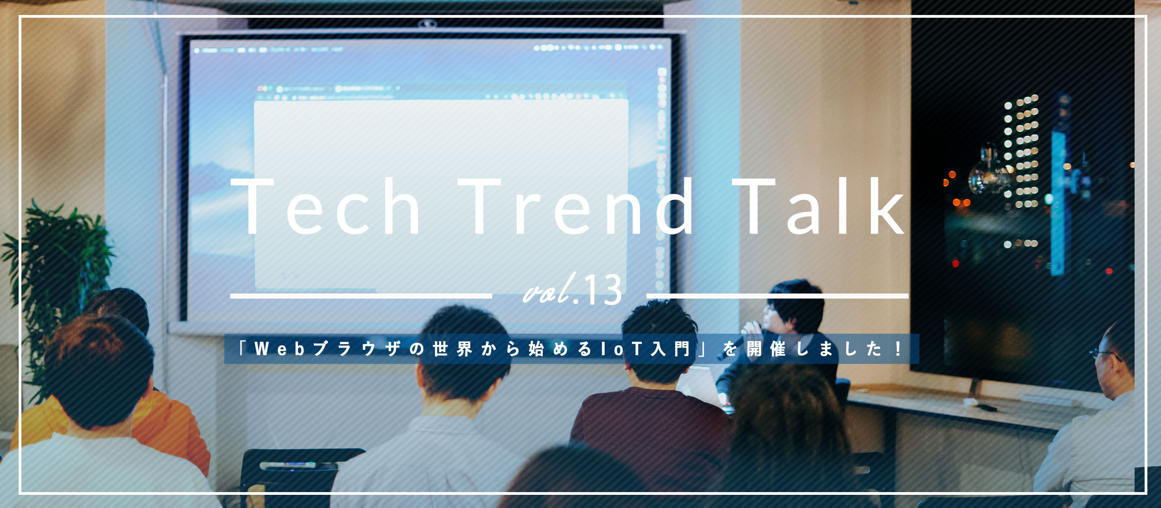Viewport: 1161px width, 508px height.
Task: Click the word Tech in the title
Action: tap(327, 207)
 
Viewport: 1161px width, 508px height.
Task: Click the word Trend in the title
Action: tap(576, 207)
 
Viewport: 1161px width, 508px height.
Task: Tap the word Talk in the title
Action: tap(819, 207)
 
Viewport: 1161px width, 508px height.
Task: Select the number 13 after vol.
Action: tap(603, 291)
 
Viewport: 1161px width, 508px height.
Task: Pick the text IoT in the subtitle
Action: tap(621, 349)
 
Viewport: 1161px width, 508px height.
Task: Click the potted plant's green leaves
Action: tap(55, 254)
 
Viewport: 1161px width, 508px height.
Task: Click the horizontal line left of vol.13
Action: tap(360, 296)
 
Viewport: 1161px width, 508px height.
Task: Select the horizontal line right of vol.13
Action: tap(777, 296)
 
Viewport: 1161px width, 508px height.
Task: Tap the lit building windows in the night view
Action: tap(1021, 150)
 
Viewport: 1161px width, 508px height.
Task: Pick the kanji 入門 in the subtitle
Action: tap(671, 349)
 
